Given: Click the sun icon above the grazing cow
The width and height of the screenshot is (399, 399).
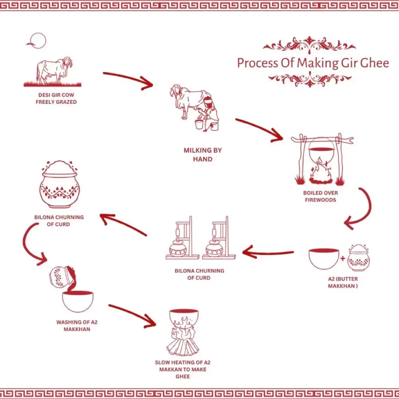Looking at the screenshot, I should [39, 40].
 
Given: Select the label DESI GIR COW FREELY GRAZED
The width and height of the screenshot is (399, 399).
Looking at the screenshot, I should [56, 99].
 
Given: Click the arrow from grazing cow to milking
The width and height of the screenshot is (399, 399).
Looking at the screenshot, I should [128, 79].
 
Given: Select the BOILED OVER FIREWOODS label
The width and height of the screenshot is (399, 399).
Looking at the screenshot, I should [320, 196].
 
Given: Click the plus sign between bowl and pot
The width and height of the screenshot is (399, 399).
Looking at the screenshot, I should [342, 259].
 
